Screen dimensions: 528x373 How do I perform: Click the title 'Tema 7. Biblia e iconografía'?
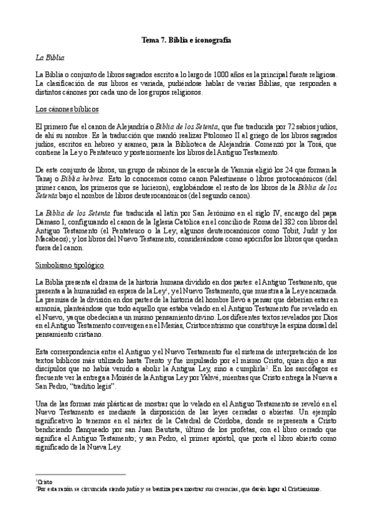[x=186, y=39]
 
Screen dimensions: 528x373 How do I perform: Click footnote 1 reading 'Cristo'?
[x=45, y=481]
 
